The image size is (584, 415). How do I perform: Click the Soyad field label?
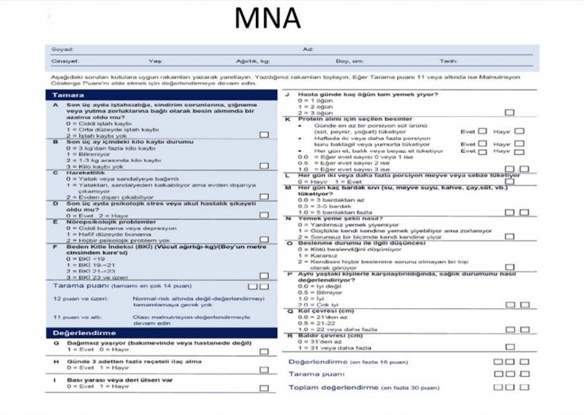tap(60, 50)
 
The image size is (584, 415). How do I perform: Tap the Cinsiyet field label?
tap(64, 61)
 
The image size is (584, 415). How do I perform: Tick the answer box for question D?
tap(264, 215)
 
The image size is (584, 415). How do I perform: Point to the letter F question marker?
tap(55, 246)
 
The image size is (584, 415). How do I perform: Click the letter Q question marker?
tap(289, 311)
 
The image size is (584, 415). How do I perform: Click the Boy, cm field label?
tap(349, 61)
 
